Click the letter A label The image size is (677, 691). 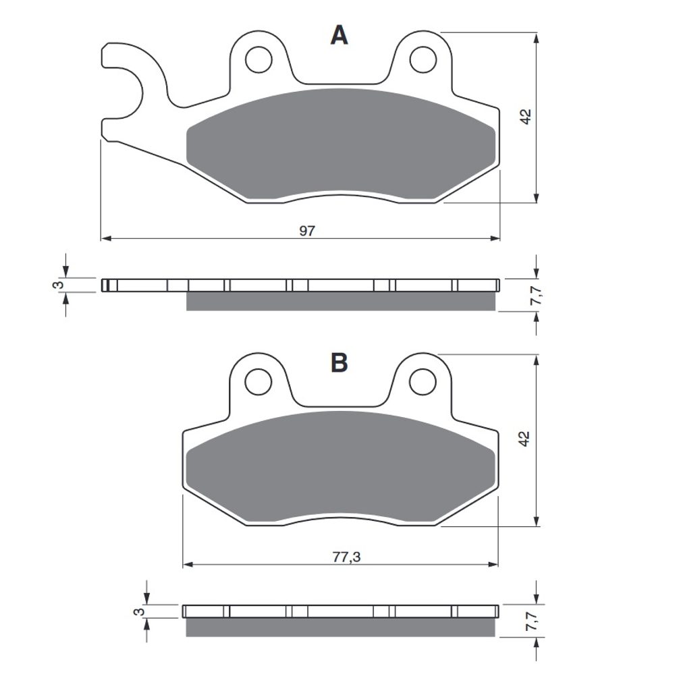pos(339,35)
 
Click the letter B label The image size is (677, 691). pos(339,362)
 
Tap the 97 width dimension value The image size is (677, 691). pos(307,231)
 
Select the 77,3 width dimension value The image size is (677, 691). pos(346,557)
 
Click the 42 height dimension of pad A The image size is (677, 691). pos(525,116)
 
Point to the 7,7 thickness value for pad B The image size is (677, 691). pos(533,621)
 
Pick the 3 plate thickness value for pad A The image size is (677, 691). pos(58,285)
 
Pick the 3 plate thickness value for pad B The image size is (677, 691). pos(139,611)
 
